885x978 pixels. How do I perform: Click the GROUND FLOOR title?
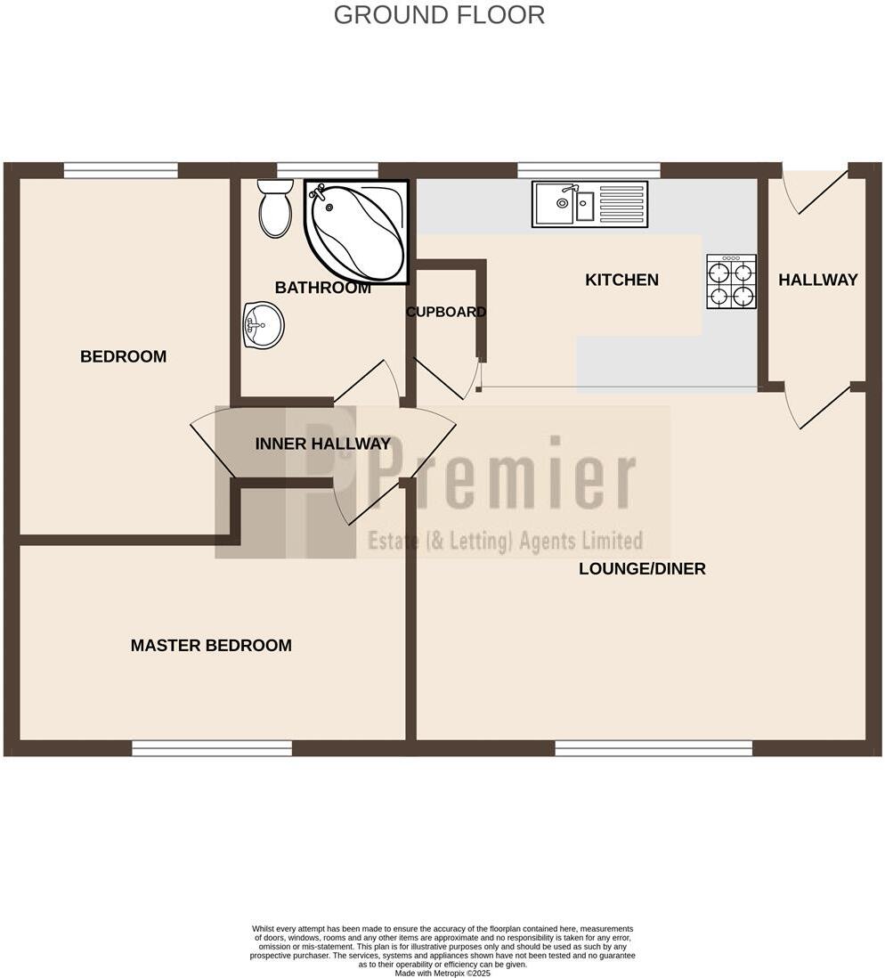pyautogui.click(x=439, y=15)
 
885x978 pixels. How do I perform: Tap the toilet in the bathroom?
pyautogui.click(x=275, y=210)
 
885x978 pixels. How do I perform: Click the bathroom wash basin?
pyautogui.click(x=263, y=324)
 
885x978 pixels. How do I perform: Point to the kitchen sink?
pyautogui.click(x=589, y=204)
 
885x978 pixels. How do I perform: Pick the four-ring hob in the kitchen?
pyautogui.click(x=731, y=282)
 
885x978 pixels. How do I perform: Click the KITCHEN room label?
pyautogui.click(x=621, y=280)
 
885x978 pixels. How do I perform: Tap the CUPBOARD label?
pyautogui.click(x=446, y=312)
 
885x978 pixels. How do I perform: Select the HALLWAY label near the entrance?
pyautogui.click(x=817, y=280)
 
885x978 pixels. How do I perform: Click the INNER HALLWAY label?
pyautogui.click(x=322, y=444)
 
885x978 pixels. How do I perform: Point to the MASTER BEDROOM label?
pyautogui.click(x=211, y=646)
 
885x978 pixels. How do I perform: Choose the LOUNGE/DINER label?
pyautogui.click(x=642, y=569)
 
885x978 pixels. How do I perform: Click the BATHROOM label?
pyautogui.click(x=322, y=288)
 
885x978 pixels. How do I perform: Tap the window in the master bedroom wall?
pyautogui.click(x=212, y=748)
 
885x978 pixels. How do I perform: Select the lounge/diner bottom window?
pyautogui.click(x=654, y=748)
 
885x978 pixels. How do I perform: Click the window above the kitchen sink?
pyautogui.click(x=589, y=170)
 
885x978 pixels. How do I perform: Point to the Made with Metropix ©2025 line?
pyautogui.click(x=442, y=974)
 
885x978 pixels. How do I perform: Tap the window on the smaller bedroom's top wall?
pyautogui.click(x=120, y=170)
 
